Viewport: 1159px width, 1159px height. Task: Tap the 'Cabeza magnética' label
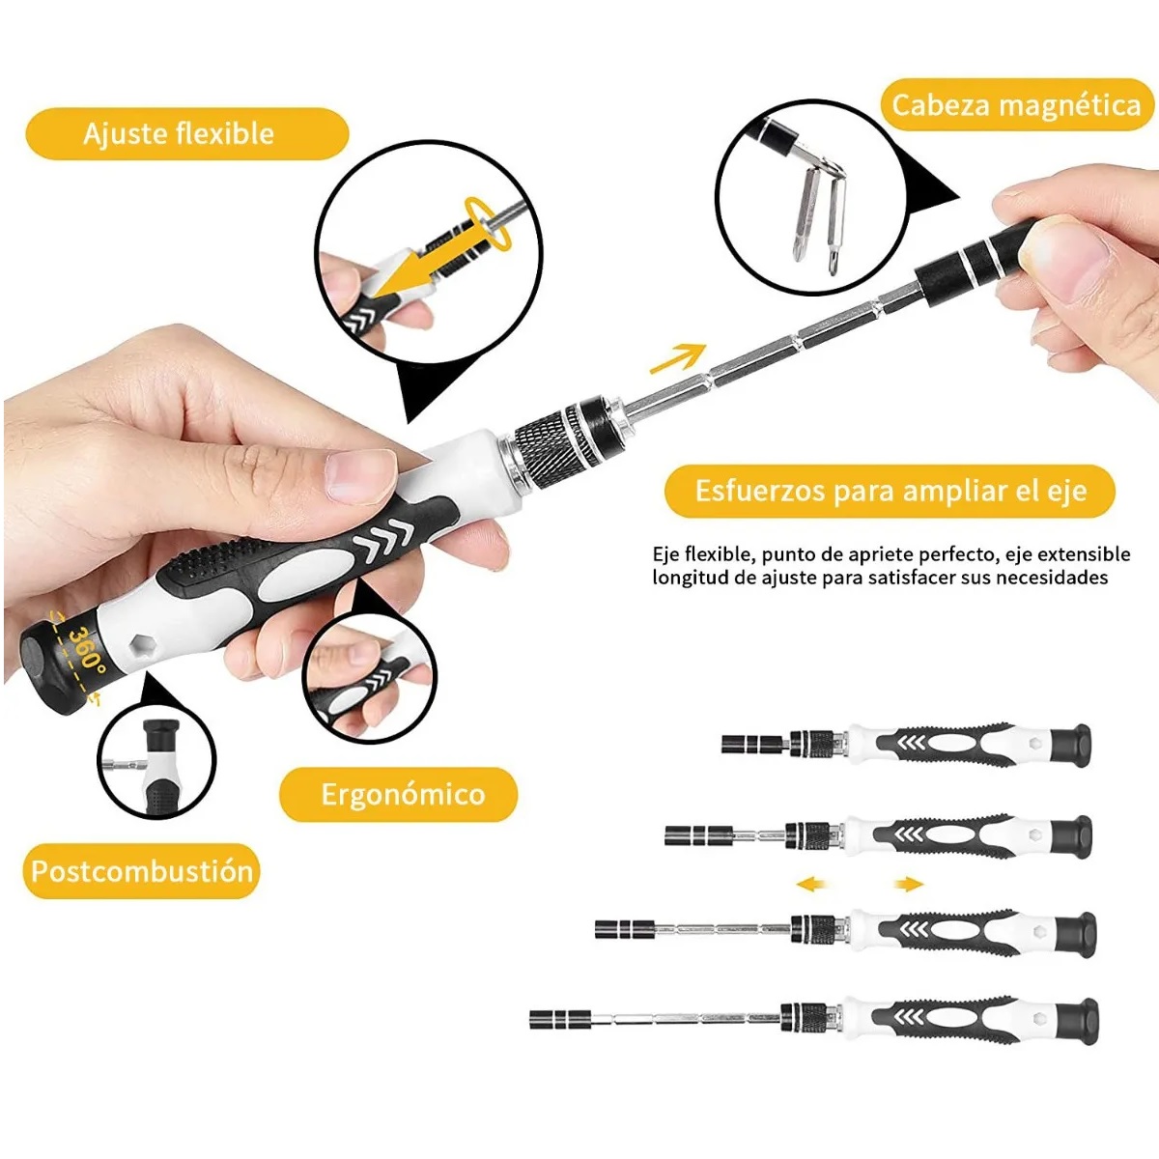point(1016,105)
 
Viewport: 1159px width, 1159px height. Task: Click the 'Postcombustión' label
point(142,871)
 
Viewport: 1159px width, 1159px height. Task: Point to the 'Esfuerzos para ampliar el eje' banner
point(890,491)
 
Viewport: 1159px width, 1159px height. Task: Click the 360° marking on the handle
point(87,650)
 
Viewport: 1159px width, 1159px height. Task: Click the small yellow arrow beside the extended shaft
point(678,358)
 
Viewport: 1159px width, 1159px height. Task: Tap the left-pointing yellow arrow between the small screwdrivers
point(810,884)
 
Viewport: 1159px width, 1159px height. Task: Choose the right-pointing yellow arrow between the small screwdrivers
point(909,884)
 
